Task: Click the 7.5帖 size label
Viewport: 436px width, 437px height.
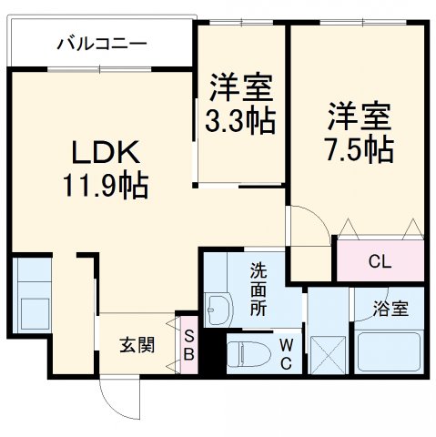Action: (x=360, y=147)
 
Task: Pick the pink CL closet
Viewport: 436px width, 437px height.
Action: (x=380, y=261)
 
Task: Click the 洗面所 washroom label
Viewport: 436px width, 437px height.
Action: (x=259, y=289)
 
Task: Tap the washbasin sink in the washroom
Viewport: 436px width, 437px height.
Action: (x=218, y=310)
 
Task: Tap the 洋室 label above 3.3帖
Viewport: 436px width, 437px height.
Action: (x=241, y=88)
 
